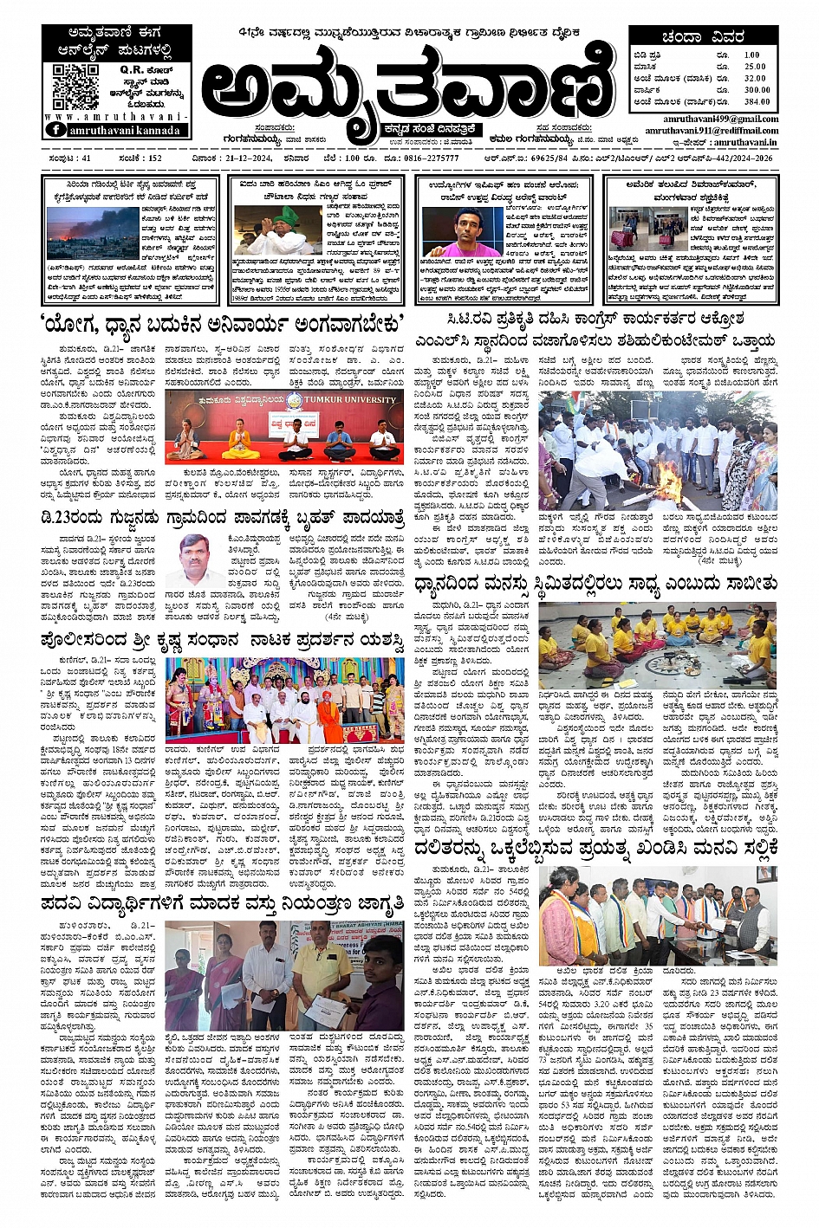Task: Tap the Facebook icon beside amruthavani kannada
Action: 55,130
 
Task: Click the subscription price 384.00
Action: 756,101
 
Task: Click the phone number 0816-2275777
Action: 431,158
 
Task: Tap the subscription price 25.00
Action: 755,67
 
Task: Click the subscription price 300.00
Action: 756,90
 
